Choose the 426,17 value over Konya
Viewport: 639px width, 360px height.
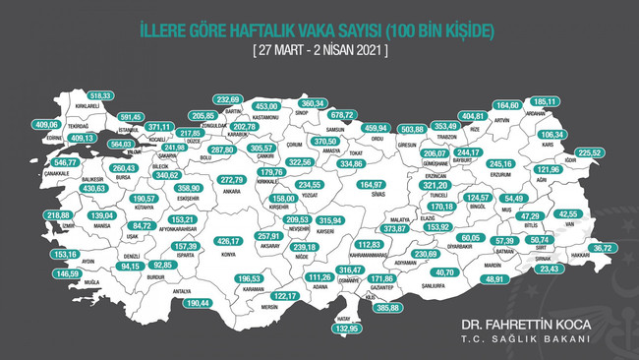coord(228,241)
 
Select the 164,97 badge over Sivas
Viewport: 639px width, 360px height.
coord(372,184)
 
